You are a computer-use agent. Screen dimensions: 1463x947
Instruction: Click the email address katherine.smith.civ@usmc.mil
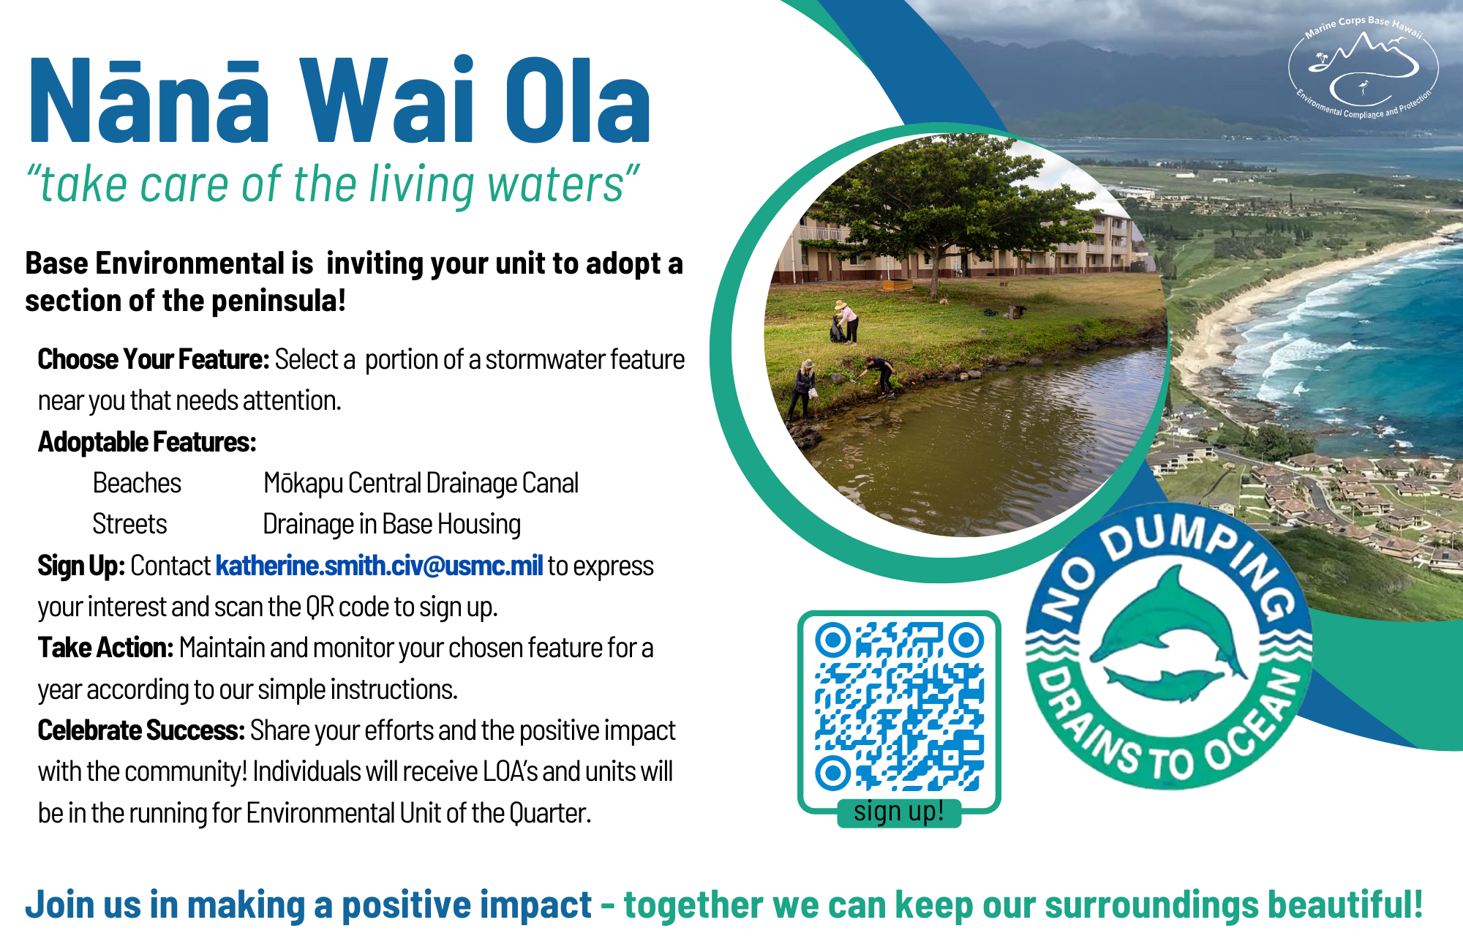click(379, 566)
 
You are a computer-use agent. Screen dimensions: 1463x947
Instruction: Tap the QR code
click(899, 707)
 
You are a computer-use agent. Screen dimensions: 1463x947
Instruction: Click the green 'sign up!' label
click(899, 812)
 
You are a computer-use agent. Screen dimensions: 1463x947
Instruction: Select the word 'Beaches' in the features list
click(137, 483)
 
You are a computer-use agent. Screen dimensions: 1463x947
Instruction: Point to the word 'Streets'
click(129, 524)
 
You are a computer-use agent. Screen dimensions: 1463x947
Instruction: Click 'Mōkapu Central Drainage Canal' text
click(421, 483)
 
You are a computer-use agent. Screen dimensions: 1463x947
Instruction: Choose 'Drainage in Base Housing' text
click(391, 524)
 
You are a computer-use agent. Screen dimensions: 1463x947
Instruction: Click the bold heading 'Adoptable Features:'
click(147, 442)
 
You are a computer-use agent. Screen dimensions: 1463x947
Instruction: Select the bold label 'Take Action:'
click(105, 648)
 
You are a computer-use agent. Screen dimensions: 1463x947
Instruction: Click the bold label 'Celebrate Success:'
click(141, 730)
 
